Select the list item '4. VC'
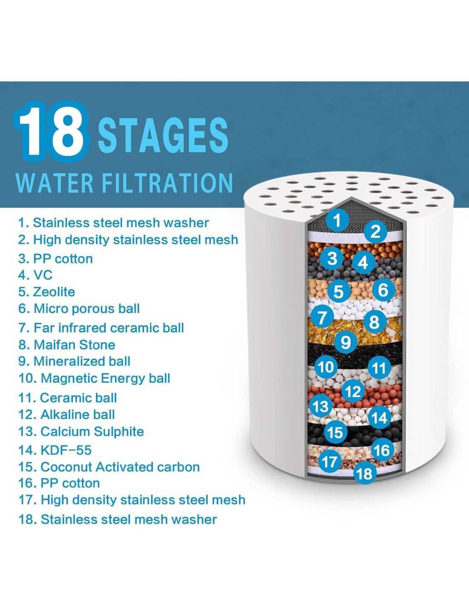35,275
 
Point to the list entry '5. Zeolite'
46,292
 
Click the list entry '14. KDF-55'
55,450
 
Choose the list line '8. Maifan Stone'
67,345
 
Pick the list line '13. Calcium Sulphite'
81,431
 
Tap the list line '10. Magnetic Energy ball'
94,378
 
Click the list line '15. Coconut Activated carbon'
109,467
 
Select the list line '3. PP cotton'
55,259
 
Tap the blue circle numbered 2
376,232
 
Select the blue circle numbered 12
353,392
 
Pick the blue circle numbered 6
383,289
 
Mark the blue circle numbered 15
336,433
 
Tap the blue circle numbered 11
379,368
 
